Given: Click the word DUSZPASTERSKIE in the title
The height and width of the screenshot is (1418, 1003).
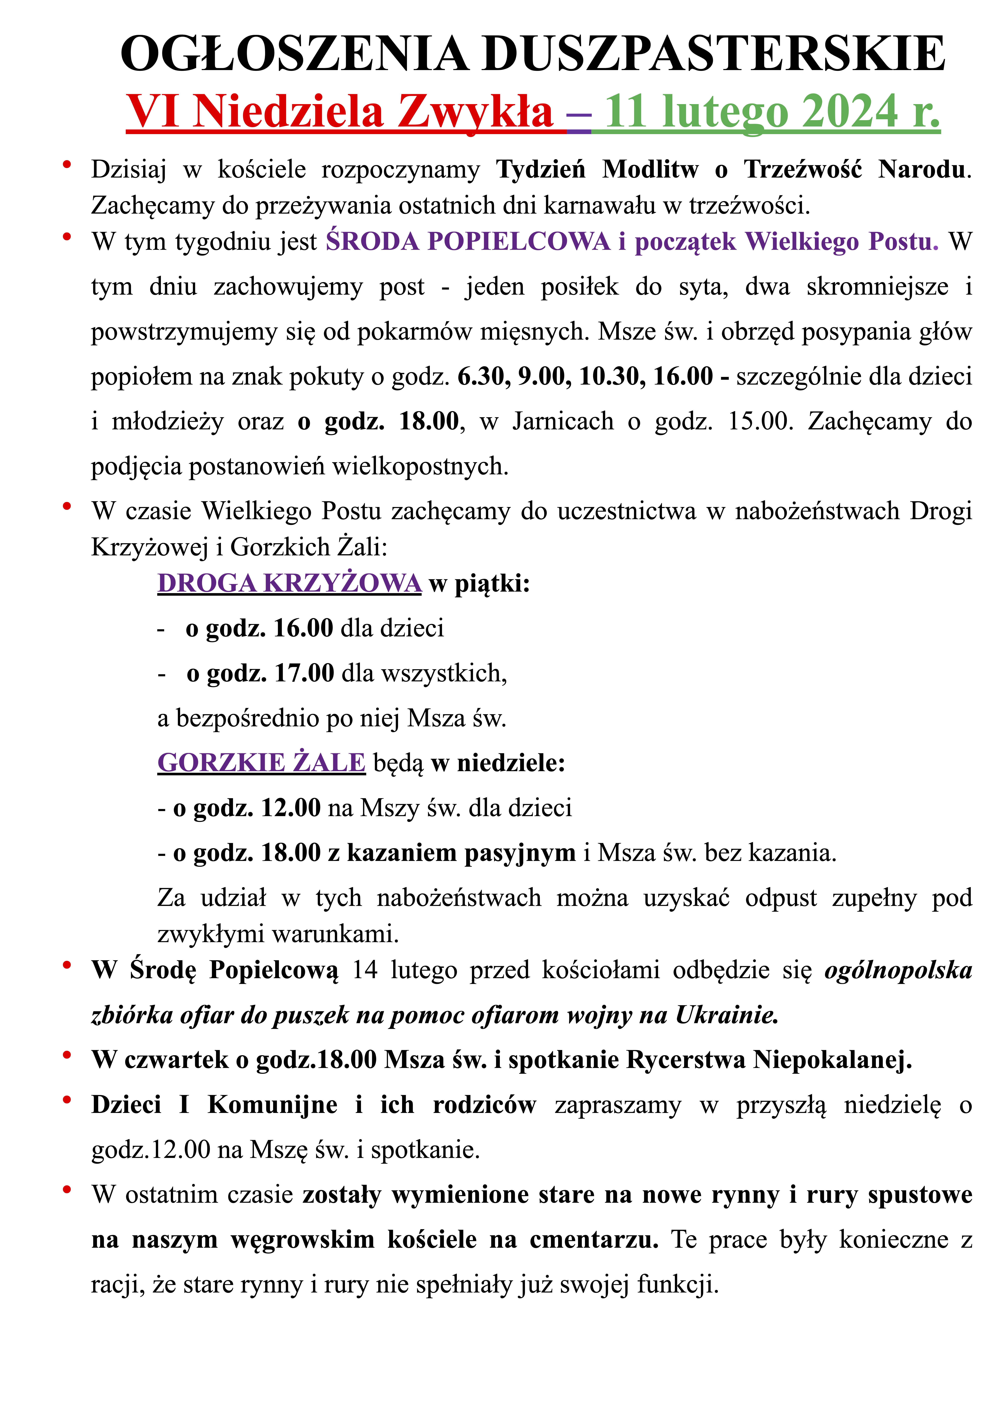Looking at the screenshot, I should pyautogui.click(x=714, y=54).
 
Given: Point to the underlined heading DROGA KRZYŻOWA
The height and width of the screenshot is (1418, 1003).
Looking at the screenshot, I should pyautogui.click(x=289, y=583).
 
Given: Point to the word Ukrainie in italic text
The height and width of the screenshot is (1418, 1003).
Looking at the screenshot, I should pyautogui.click(x=726, y=1015).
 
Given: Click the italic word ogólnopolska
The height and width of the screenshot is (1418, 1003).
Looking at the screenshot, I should pyautogui.click(x=898, y=970).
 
